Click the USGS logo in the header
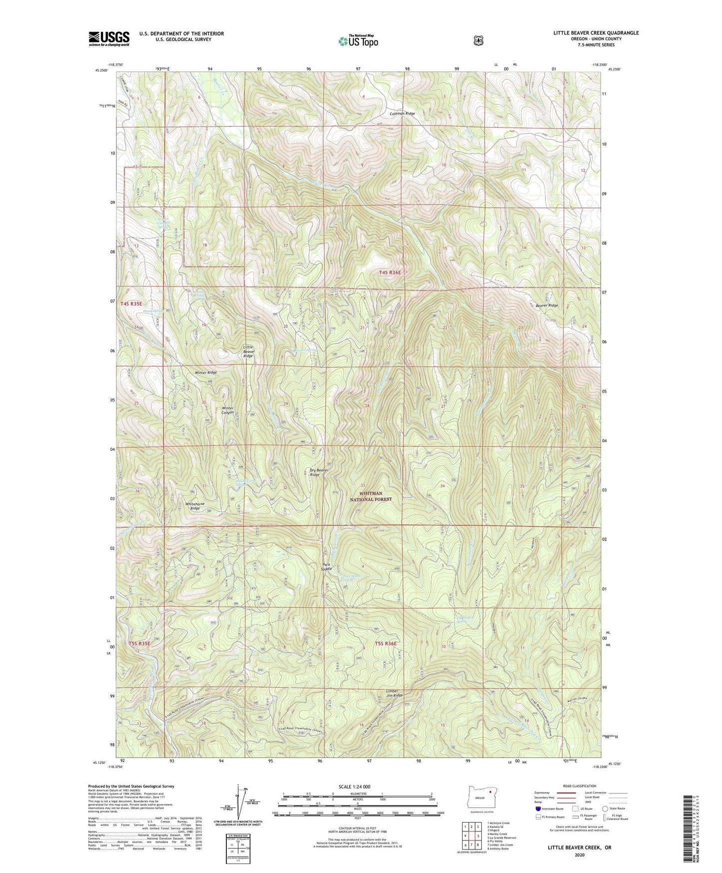coord(109,38)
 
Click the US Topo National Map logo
coord(357,40)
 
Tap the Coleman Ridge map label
coord(402,113)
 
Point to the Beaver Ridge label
coord(546,305)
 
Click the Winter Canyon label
coord(227,410)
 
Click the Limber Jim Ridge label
coord(394,693)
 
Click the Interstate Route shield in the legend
coord(538,808)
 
